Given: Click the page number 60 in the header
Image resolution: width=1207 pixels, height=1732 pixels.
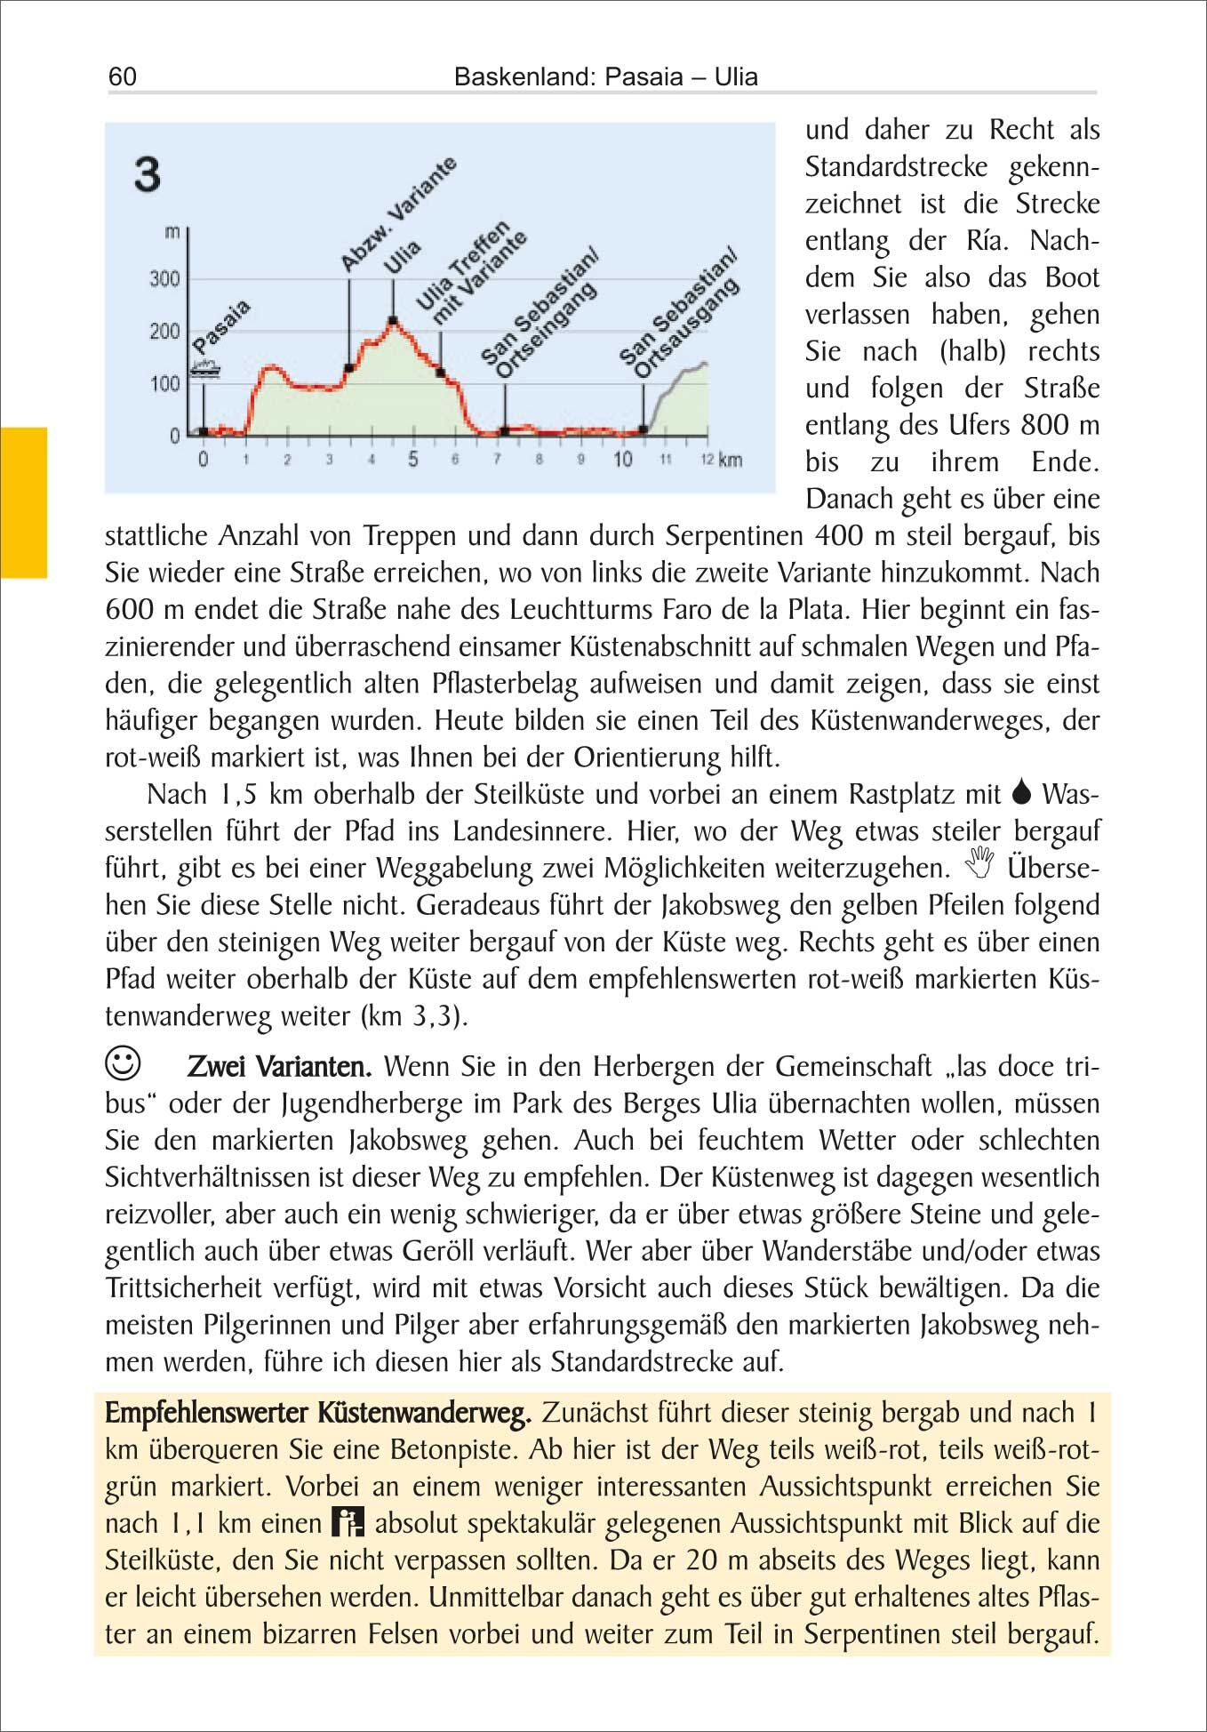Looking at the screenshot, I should tap(123, 76).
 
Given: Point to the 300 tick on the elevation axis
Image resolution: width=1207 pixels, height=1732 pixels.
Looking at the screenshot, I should tap(164, 279).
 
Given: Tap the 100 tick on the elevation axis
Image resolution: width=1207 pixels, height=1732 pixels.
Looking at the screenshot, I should tap(164, 384).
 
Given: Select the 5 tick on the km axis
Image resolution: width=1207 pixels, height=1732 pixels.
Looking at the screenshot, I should tap(413, 460).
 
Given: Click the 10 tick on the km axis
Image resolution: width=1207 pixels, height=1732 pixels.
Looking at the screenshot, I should tap(623, 460).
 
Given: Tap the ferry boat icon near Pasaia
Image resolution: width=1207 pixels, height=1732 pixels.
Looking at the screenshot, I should tap(205, 369).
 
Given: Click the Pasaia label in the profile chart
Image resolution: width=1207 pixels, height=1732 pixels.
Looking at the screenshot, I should tap(221, 326).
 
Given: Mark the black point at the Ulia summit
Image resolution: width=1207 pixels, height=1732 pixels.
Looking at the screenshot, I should tap(393, 320).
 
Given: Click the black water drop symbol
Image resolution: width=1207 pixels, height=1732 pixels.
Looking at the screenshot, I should tap(1021, 791).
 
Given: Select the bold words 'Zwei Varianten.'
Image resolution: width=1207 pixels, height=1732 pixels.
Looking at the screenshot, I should tap(279, 1066).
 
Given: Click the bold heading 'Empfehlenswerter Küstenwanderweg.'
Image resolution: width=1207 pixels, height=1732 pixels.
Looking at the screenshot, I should tap(318, 1412).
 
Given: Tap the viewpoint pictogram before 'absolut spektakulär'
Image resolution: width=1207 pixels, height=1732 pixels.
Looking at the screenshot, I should tap(348, 1522).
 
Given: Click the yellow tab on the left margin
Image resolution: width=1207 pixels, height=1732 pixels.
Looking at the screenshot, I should tap(23, 502).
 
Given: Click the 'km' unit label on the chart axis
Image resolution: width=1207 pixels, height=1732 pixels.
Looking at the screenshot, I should tap(731, 460).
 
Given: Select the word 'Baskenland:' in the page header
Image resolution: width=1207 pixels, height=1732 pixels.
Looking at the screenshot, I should tap(524, 76).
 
